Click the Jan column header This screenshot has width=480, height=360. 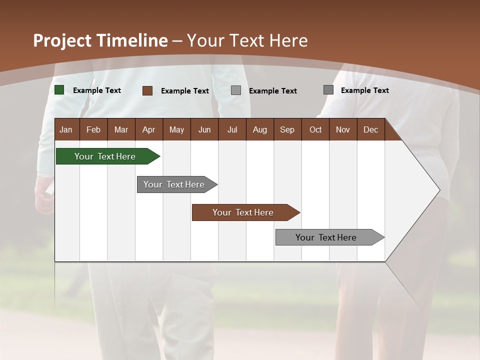[x=66, y=129]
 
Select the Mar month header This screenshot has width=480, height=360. [x=121, y=129]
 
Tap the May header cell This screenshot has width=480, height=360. [x=176, y=129]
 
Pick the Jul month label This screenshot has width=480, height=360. [x=232, y=129]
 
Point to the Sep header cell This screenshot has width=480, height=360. [x=287, y=129]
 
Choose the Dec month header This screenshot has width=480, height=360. [x=370, y=129]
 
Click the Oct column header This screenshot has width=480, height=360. [x=315, y=129]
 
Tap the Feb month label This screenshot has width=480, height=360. [x=93, y=129]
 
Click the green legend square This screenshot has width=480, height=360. [x=59, y=90]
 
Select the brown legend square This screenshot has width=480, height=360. [x=147, y=90]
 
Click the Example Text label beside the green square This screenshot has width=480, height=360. [x=97, y=90]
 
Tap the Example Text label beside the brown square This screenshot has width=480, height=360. [x=185, y=91]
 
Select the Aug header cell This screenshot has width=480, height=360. [x=259, y=129]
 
